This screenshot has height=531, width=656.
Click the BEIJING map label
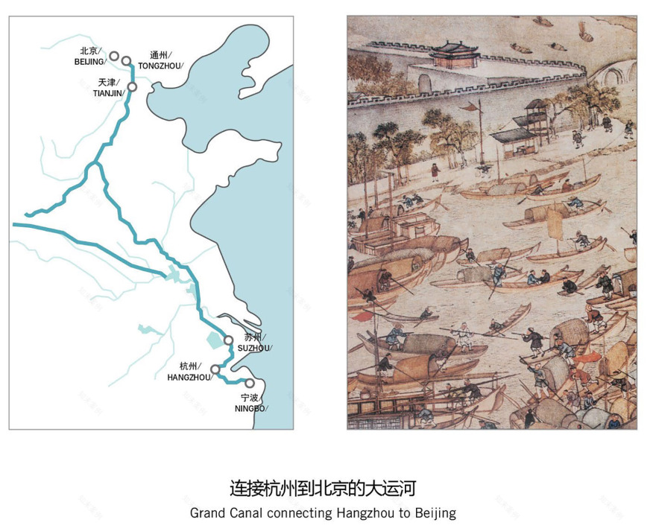click(89, 62)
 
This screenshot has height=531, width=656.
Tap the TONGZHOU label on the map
click(160, 66)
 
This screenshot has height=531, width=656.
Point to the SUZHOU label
click(254, 348)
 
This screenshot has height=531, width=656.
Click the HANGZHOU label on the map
click(189, 378)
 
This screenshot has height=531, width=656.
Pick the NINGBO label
click(250, 409)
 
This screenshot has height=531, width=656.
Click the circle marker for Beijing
click(114, 56)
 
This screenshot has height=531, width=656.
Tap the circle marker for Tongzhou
click(127, 60)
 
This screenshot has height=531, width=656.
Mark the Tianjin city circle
click(133, 87)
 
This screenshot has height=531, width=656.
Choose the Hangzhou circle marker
click(215, 369)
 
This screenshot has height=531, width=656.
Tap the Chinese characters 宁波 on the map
click(250, 398)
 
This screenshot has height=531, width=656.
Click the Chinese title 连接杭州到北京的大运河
click(322, 489)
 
